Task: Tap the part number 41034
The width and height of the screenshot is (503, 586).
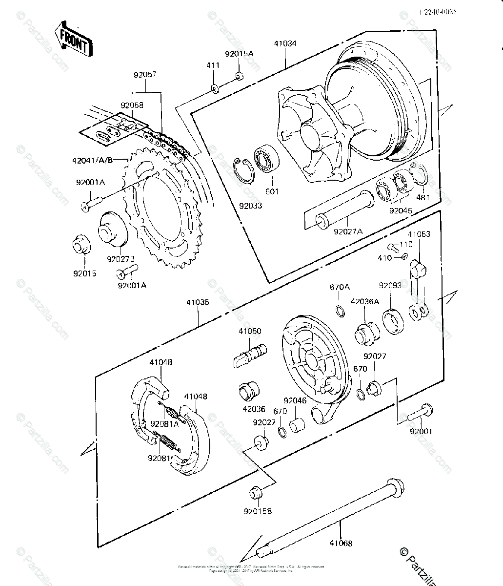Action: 284,44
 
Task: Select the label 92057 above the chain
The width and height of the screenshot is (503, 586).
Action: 145,75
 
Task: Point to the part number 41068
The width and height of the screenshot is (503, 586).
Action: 341,543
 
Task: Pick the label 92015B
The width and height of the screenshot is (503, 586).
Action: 258,511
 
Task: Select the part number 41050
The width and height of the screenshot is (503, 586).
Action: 250,331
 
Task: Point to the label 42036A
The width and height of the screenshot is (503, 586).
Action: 364,301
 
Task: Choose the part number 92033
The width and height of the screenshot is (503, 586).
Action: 250,206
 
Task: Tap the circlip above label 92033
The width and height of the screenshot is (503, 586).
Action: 242,170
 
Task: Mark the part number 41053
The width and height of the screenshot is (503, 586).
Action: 419,234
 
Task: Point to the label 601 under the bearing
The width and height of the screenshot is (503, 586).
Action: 272,191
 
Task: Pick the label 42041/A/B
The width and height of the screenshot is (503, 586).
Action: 98,159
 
